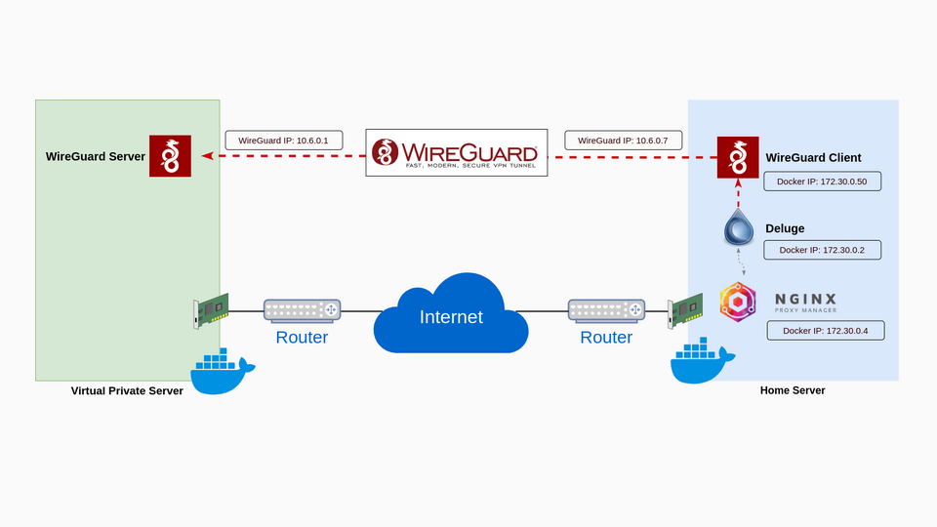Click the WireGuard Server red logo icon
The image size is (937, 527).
click(x=170, y=156)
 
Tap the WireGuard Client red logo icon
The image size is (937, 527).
click(x=738, y=157)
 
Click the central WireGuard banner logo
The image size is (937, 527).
click(x=456, y=153)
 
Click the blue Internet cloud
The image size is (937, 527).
click(x=451, y=314)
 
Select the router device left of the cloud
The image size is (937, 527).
click(x=302, y=310)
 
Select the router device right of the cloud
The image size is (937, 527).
click(x=606, y=310)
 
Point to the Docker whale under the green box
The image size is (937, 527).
click(x=222, y=372)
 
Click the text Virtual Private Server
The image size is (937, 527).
click(x=127, y=390)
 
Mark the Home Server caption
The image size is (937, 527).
click(x=793, y=390)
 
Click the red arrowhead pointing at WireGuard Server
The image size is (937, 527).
click(x=207, y=156)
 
